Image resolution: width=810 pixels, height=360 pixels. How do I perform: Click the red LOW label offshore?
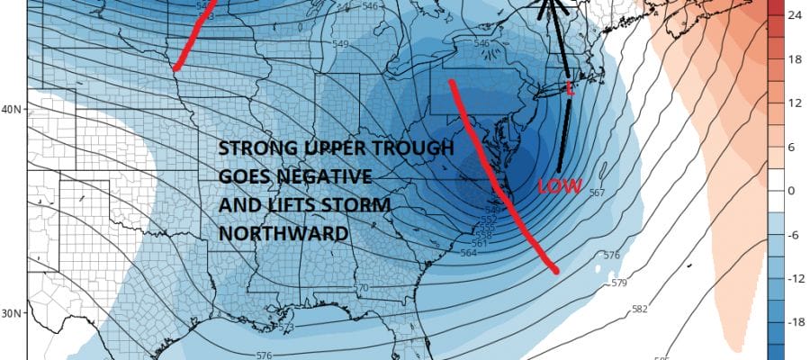(x=555, y=187)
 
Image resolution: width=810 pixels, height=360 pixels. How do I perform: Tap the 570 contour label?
(x=362, y=288)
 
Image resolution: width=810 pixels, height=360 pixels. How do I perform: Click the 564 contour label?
(x=468, y=253)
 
